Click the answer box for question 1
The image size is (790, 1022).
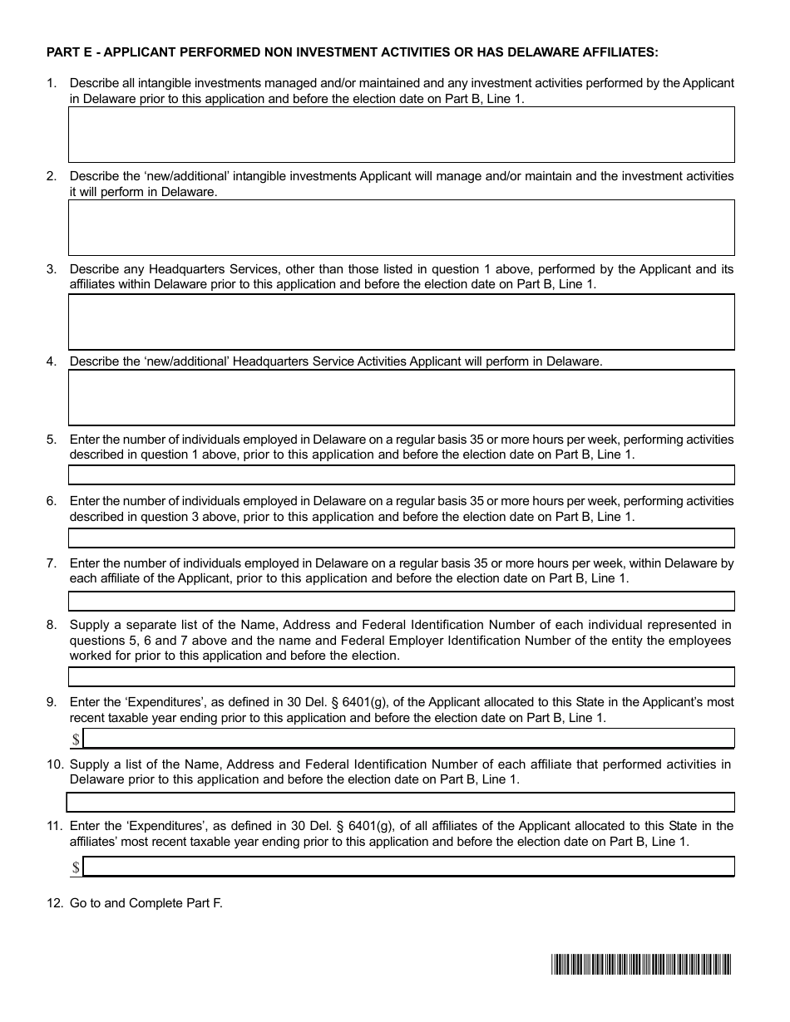pyautogui.click(x=401, y=134)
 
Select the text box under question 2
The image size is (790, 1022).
pyautogui.click(x=401, y=227)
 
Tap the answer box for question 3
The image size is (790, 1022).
pyautogui.click(x=401, y=322)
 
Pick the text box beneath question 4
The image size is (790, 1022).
pyautogui.click(x=401, y=397)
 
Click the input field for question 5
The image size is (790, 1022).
pyautogui.click(x=401, y=474)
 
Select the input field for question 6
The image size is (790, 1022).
pyautogui.click(x=401, y=538)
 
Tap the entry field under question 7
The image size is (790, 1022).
pyautogui.click(x=401, y=601)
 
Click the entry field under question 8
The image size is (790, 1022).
pyautogui.click(x=401, y=676)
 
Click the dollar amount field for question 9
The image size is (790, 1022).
pyautogui.click(x=408, y=738)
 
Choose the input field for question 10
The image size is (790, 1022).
pyautogui.click(x=401, y=802)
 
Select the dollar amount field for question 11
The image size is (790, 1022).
pyautogui.click(x=408, y=867)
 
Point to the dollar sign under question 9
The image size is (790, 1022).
pyautogui.click(x=76, y=739)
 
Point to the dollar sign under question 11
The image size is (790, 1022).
pyautogui.click(x=76, y=867)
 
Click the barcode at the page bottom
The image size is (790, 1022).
pyautogui.click(x=639, y=964)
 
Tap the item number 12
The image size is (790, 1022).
pyautogui.click(x=54, y=903)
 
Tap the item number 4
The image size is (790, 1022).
pyautogui.click(x=52, y=361)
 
